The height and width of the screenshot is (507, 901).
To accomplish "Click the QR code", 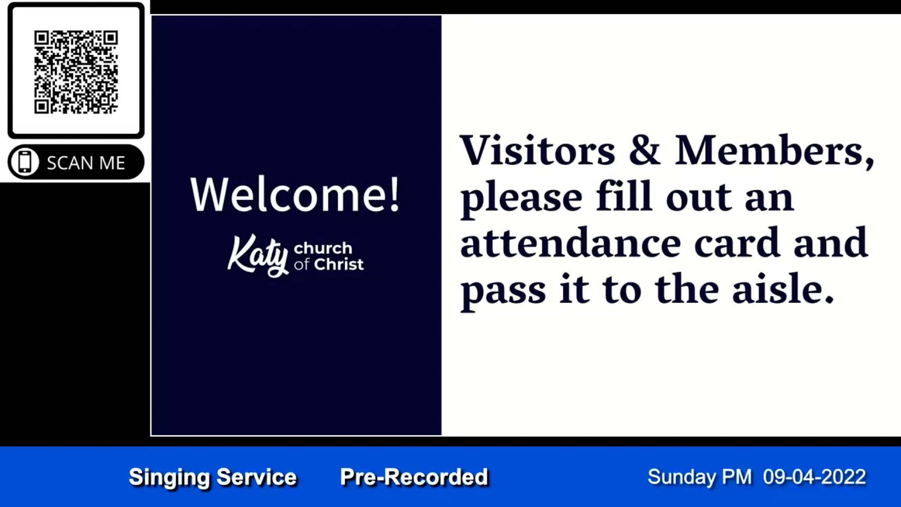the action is [x=76, y=72].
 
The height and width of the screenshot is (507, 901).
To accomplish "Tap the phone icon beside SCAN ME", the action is [x=25, y=162].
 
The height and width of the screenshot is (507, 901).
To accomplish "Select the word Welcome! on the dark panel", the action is [x=295, y=195].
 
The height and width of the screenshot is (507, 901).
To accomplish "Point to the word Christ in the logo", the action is [x=339, y=264].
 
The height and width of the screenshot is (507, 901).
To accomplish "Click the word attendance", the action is [x=571, y=243].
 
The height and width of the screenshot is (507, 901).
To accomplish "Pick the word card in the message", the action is [x=737, y=243].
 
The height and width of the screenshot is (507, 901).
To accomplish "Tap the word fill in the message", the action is [x=624, y=196].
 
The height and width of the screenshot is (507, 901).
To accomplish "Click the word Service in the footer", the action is [x=257, y=477].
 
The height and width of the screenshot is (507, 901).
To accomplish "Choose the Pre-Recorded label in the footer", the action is [x=414, y=477].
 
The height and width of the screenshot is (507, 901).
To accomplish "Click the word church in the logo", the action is [x=323, y=248].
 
